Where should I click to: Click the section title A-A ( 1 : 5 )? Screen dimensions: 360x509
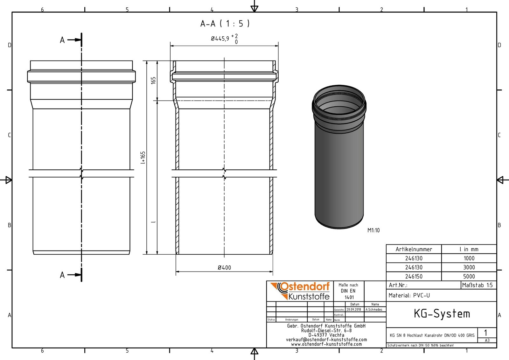point(225,24)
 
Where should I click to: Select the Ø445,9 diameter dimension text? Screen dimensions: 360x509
point(220,39)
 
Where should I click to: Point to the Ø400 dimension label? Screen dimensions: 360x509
point(224,268)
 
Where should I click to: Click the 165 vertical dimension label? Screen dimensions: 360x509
point(153,80)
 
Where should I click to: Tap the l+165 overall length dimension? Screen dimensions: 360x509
point(143,158)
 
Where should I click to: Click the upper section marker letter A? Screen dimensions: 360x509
point(62,40)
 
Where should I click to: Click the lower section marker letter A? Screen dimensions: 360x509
point(62,275)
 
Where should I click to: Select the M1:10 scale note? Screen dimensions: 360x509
point(373,230)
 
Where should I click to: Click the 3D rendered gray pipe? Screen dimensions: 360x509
point(339,166)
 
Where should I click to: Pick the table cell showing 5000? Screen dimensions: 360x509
point(469,277)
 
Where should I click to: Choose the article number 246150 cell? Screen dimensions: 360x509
point(414,277)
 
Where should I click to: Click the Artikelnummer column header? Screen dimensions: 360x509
point(414,249)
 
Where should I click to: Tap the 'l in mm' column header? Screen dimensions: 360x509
point(469,249)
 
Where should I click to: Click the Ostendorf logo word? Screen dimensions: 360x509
point(304,287)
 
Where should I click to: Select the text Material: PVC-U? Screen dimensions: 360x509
point(409,295)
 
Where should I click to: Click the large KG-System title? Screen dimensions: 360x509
point(442,314)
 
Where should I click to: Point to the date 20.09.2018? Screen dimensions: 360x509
point(354,309)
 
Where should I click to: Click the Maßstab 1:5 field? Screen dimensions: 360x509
point(477,285)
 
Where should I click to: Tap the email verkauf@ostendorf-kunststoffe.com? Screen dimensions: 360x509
point(326,340)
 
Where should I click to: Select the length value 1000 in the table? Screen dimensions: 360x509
point(469,258)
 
